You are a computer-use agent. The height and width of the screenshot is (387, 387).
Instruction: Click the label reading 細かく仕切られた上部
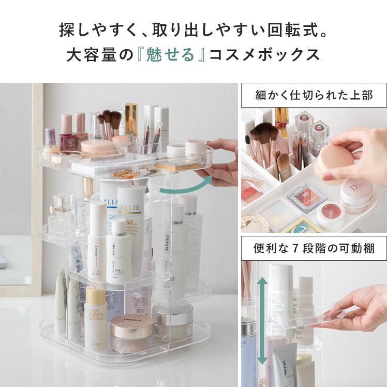click(x=314, y=95)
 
